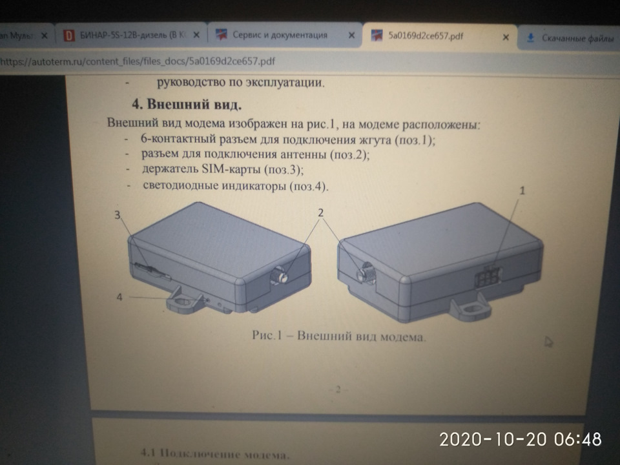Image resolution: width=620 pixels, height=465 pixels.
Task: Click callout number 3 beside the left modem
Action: [x=118, y=216]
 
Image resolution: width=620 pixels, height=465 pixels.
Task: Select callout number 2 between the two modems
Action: [x=321, y=212]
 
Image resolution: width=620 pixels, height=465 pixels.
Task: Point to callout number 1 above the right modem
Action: [x=523, y=191]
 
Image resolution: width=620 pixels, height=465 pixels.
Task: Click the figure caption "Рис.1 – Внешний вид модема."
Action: [x=338, y=336]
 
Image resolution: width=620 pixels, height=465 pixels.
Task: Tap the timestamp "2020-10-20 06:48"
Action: [x=521, y=439]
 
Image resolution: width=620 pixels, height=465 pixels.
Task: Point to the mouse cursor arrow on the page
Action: [x=548, y=341]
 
